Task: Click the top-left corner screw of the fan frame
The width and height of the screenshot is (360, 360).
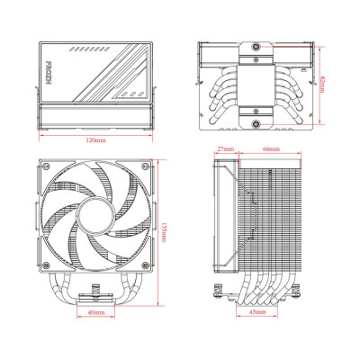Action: click(x=46, y=167)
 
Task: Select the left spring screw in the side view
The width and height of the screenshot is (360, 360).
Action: click(x=217, y=290)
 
